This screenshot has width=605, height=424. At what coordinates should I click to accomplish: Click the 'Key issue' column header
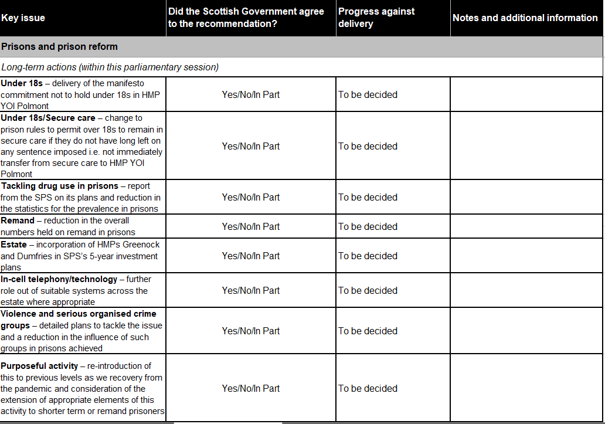[23, 18]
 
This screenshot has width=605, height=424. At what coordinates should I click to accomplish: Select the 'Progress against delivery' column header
[376, 18]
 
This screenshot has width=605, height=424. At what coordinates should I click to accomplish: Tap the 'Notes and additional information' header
[525, 18]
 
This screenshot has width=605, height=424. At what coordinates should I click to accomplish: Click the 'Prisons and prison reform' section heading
[59, 47]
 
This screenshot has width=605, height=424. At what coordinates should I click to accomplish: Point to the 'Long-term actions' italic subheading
[110, 67]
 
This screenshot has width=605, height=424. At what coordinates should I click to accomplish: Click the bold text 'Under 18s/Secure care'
[48, 118]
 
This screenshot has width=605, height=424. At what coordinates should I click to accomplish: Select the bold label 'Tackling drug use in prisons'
[59, 186]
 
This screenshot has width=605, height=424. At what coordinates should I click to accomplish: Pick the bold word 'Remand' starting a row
[18, 221]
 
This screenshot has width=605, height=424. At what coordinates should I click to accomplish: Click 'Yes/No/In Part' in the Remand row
[251, 226]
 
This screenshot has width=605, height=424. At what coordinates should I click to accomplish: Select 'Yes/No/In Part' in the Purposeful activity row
[251, 388]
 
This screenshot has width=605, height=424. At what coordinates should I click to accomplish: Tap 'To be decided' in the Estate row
[368, 256]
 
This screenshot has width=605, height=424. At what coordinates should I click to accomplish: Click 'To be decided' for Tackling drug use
[368, 197]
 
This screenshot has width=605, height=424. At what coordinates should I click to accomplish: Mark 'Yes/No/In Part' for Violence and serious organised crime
[251, 331]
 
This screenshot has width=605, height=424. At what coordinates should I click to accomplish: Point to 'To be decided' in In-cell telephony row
[368, 290]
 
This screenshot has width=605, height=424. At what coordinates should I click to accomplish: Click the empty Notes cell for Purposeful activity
[526, 388]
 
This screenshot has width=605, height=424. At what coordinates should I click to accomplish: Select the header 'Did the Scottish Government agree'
[246, 12]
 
